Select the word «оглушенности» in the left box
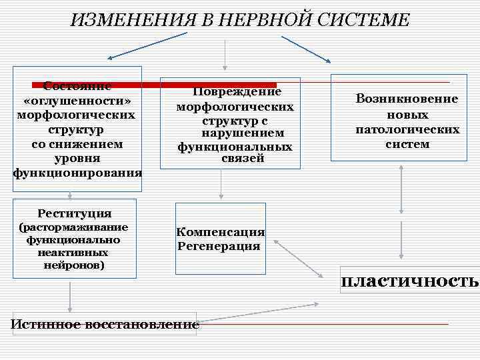(77, 100)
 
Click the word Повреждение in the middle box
(237, 92)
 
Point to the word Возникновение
(407, 99)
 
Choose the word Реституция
(75, 213)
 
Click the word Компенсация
(221, 232)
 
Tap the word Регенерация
(219, 246)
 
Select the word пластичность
(409, 281)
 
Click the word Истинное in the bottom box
(46, 325)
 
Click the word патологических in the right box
(407, 129)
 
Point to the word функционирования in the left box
(77, 173)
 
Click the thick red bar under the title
(153, 85)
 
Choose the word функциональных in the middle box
(235, 146)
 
